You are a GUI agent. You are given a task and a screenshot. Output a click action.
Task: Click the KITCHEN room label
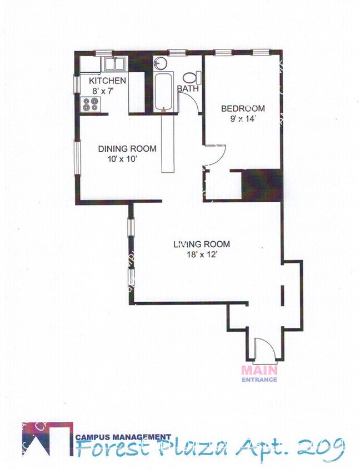[108, 81]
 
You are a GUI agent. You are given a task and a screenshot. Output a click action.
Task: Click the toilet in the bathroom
[191, 78]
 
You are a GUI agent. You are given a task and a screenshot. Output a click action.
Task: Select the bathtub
[164, 91]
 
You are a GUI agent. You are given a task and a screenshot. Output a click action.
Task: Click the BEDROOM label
[243, 108]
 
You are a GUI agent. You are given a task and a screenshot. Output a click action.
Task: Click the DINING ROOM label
[127, 148]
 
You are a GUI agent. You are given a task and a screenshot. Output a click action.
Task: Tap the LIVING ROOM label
[201, 244]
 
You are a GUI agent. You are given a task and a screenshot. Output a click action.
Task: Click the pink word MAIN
[259, 370]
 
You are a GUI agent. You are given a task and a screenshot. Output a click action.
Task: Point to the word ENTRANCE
[259, 380]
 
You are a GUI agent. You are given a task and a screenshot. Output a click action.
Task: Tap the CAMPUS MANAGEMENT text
[123, 437]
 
